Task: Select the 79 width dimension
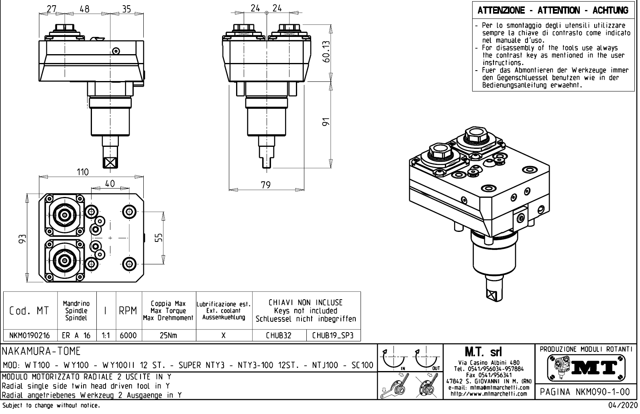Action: pos(265,185)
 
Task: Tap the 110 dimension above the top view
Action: pos(82,172)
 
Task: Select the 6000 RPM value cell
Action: pos(128,335)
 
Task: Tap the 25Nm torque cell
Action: pos(168,335)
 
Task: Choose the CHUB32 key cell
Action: pos(279,335)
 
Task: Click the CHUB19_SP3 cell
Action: pos(333,335)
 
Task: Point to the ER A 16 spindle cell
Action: pos(76,335)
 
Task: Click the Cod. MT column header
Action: pos(29,311)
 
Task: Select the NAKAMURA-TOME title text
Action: pos(42,351)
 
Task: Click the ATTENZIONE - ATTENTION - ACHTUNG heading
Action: pos(553,10)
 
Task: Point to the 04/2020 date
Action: pos(620,406)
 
